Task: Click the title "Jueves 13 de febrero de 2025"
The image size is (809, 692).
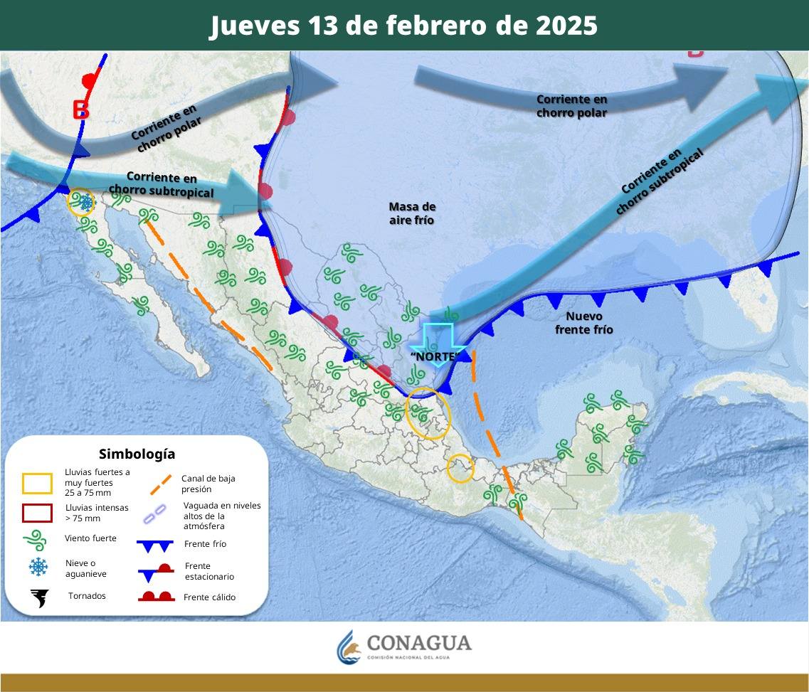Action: [403, 26]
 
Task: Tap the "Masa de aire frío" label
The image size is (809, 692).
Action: [412, 213]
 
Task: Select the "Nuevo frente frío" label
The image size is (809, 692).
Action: [583, 323]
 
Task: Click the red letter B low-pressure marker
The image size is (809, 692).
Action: [80, 110]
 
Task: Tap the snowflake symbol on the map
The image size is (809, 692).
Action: [86, 203]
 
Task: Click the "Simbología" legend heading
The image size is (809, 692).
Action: [137, 454]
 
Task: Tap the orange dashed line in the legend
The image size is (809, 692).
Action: [161, 484]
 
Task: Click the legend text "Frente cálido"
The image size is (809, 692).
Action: [209, 597]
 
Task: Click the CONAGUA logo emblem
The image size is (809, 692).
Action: [348, 646]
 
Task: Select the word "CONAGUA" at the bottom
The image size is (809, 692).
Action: [419, 643]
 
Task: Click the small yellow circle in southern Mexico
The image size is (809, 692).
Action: [460, 469]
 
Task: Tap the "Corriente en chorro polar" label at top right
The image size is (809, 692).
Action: [571, 105]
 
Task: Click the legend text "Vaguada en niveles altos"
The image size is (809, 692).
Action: [221, 516]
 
